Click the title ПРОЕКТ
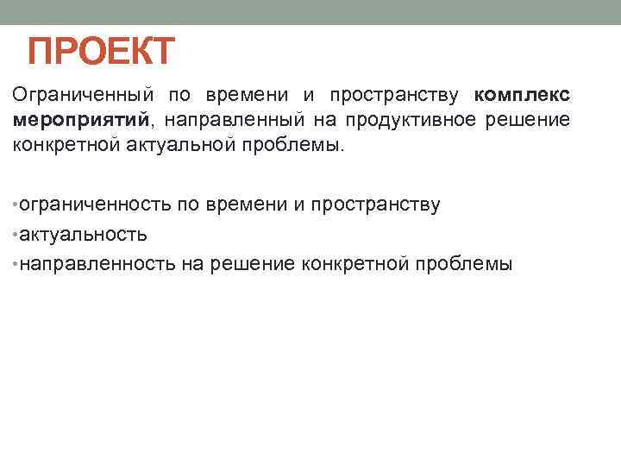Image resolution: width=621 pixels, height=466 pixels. [101, 51]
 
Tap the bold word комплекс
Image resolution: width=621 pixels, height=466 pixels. [522, 94]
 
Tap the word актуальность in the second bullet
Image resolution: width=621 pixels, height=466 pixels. [82, 234]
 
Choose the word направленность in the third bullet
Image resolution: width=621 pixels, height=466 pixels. [97, 263]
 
